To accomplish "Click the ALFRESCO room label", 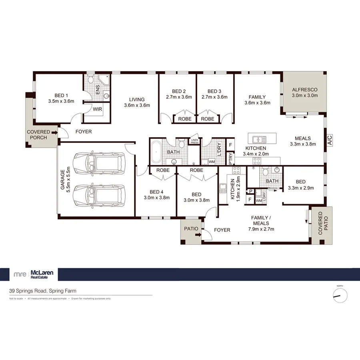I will (x=305, y=90).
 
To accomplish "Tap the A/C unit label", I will (x=330, y=140).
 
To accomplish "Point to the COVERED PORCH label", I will (x=38, y=134).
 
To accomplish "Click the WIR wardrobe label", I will (x=97, y=109).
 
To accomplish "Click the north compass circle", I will (x=340, y=296).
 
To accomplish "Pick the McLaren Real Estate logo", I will (x=34, y=274).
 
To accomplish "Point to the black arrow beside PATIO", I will (x=198, y=236).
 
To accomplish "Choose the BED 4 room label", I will (x=156, y=191).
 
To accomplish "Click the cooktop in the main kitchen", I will (x=256, y=161).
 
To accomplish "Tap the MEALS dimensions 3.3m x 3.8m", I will (x=305, y=144).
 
